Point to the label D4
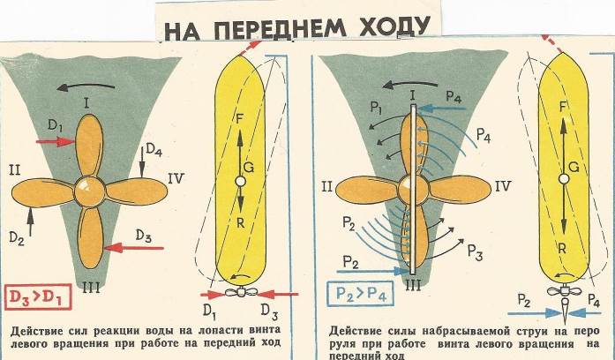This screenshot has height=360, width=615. click(154, 151)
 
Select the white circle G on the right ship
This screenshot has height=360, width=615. click(562, 179)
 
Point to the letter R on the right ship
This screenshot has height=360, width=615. click(562, 250)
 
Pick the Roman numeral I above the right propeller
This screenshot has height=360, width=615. click(411, 93)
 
